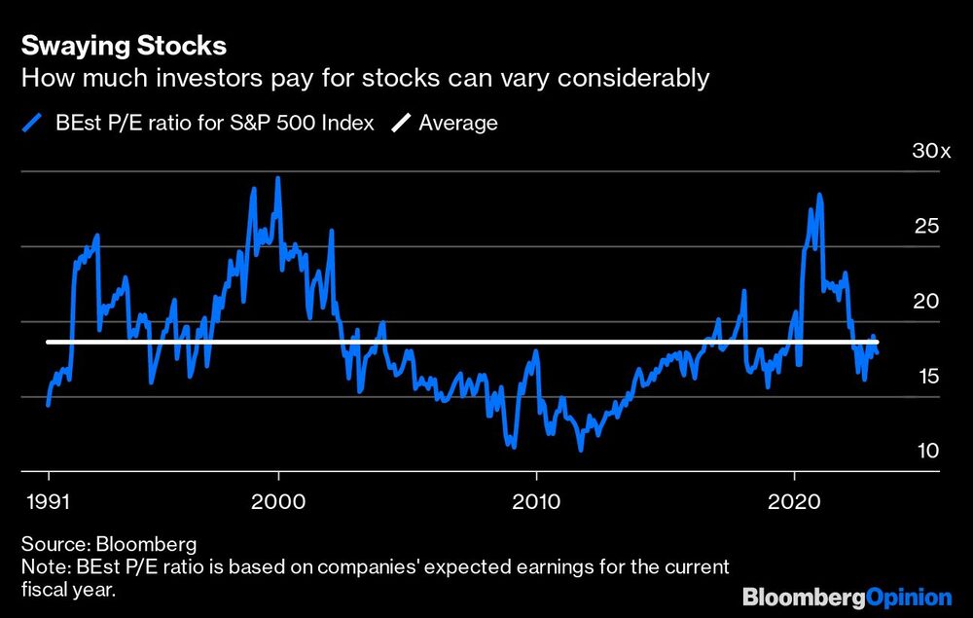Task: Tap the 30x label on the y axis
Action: pyautogui.click(x=931, y=151)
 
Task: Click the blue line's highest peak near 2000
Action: pyautogui.click(x=278, y=178)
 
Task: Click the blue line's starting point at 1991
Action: pyautogui.click(x=48, y=403)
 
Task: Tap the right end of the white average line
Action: pyautogui.click(x=877, y=342)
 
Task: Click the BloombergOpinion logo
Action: pyautogui.click(x=847, y=595)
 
